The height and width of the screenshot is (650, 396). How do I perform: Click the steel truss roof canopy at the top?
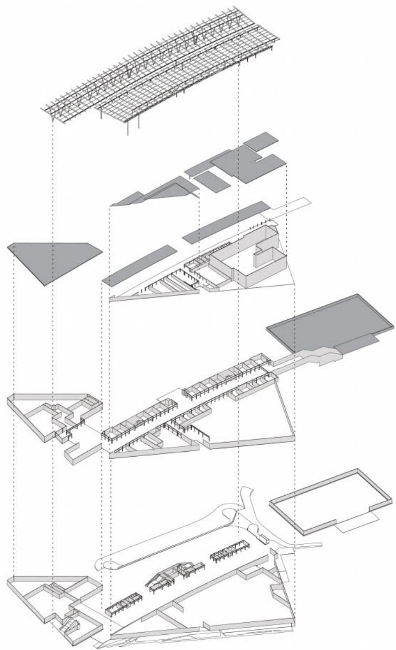tap(163, 71)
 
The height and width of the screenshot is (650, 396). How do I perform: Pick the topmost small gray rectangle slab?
tap(261, 141)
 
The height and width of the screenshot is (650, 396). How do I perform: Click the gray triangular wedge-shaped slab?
tap(158, 192)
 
